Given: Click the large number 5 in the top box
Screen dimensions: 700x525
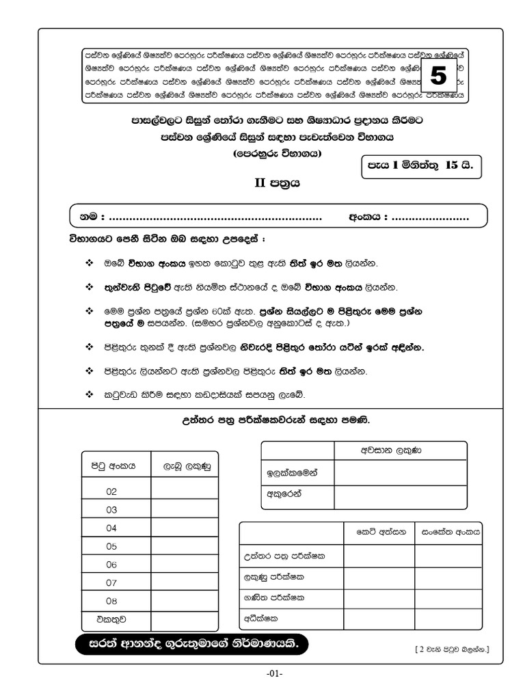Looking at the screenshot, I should (x=437, y=77).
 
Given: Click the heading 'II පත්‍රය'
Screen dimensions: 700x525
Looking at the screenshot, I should (x=277, y=183).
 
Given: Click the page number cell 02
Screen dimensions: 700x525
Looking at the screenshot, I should (x=112, y=491).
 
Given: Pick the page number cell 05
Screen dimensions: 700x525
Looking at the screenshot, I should (x=112, y=546).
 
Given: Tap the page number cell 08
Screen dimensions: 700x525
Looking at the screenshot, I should (x=112, y=601).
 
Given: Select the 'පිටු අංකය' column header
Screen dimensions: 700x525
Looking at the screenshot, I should (x=114, y=466).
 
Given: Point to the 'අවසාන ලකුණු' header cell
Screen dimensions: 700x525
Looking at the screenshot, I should (x=400, y=451).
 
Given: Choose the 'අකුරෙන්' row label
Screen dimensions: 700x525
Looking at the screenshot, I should (x=284, y=493).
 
